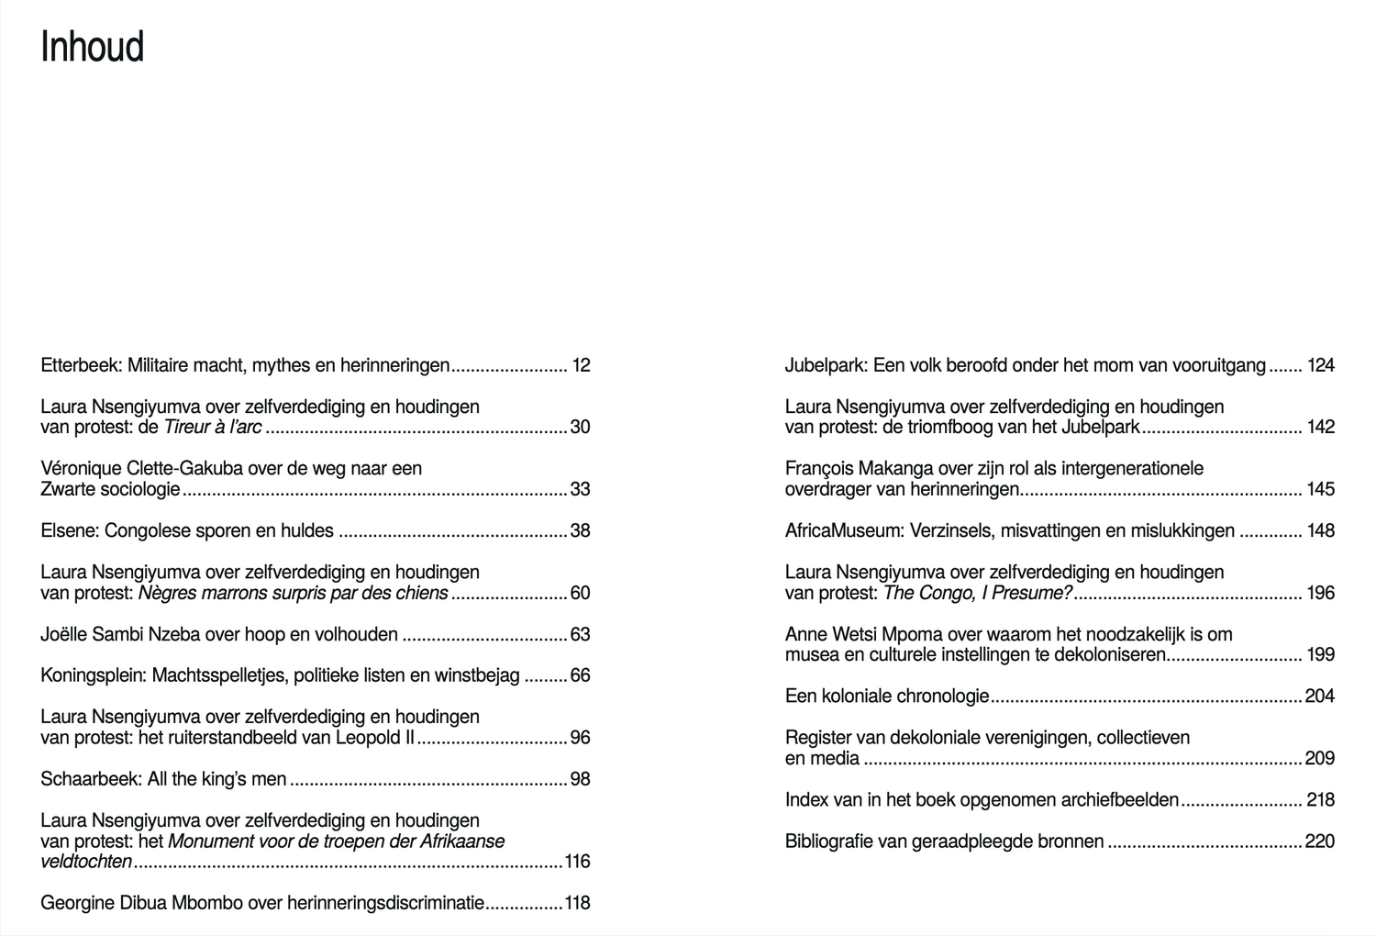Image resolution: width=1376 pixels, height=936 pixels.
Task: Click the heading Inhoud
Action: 93,48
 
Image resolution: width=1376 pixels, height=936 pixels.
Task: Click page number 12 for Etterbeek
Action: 581,365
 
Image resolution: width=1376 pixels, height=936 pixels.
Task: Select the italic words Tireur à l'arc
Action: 212,427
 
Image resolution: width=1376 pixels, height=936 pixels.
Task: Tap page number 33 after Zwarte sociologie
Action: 580,489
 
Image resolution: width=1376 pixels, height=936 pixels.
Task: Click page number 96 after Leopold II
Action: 580,738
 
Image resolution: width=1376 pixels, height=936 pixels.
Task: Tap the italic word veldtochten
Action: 86,862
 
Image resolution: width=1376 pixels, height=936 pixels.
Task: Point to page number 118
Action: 577,903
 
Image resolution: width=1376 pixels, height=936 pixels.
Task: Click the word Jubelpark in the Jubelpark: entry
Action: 825,365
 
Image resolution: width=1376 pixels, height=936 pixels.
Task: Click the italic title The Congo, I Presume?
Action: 977,593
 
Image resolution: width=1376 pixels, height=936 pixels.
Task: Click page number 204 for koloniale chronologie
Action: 1319,696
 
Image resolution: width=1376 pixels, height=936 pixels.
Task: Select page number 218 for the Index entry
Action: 1320,800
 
